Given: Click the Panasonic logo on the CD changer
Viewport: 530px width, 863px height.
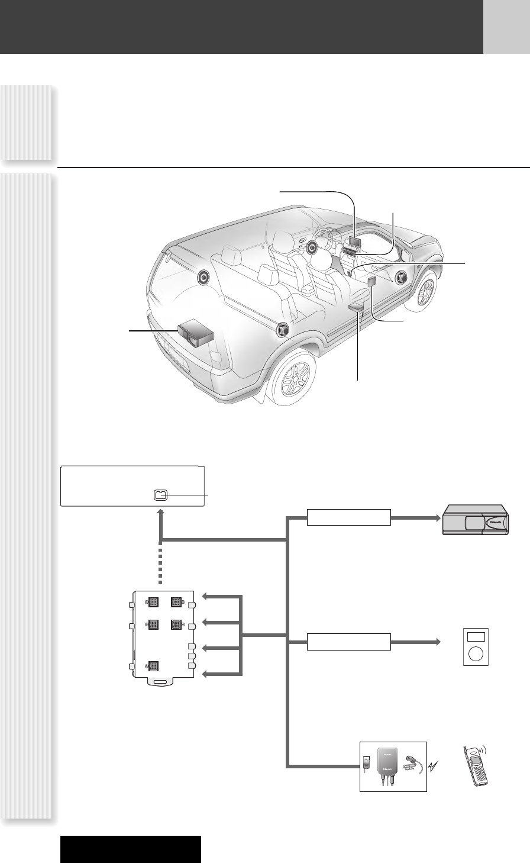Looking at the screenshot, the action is pos(493,522).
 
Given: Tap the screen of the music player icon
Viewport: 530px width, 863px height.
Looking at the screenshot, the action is pos(476,637).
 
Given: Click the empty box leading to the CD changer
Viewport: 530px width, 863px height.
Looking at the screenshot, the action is pos(349,517).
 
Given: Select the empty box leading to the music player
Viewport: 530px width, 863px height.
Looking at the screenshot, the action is pos(349,642).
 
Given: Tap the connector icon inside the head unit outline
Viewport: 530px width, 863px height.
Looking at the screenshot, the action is pos(160,495).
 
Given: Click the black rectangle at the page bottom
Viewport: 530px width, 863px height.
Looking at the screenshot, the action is pos(131,849).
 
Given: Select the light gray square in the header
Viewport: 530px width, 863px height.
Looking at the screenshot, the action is pos(506,27).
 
